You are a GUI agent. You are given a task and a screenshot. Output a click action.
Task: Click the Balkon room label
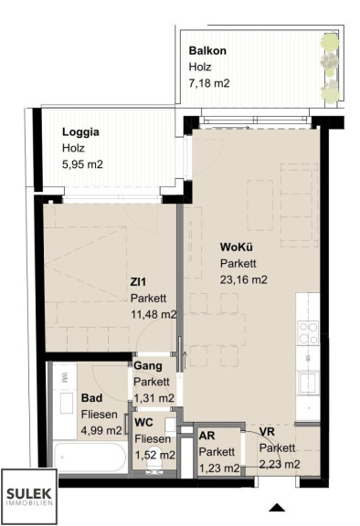click(x=207, y=50)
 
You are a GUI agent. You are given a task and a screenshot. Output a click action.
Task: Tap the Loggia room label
click(x=80, y=131)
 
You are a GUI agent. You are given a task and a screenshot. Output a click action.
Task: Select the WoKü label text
click(x=237, y=247)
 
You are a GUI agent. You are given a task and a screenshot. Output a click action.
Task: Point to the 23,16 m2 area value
click(x=244, y=279)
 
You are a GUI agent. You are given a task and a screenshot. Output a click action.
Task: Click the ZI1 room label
click(x=138, y=282)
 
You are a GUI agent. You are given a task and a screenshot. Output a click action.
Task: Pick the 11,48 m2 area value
click(x=154, y=314)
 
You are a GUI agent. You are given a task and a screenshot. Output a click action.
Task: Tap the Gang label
click(x=148, y=365)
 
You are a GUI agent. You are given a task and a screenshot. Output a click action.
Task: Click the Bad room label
click(x=91, y=398)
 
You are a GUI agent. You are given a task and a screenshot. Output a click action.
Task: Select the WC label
click(x=143, y=422)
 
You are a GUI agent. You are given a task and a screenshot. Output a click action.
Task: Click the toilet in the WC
click(x=155, y=460)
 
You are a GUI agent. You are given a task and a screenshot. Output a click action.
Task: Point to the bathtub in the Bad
click(x=90, y=458)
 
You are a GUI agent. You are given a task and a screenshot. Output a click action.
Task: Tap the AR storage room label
click(x=207, y=436)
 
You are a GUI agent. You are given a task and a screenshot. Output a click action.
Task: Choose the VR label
click(x=267, y=431)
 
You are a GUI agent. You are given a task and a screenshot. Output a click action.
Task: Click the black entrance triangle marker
click(x=277, y=508)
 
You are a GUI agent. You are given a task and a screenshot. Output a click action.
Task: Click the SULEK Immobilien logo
click(x=29, y=497)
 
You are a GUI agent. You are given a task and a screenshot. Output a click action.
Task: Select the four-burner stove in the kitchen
click(x=308, y=332)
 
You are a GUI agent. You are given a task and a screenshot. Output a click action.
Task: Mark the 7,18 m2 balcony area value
click(x=209, y=83)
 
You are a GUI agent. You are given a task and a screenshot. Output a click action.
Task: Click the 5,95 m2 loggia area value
click(x=82, y=164)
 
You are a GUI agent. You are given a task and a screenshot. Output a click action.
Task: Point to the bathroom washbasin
click(x=67, y=403)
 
